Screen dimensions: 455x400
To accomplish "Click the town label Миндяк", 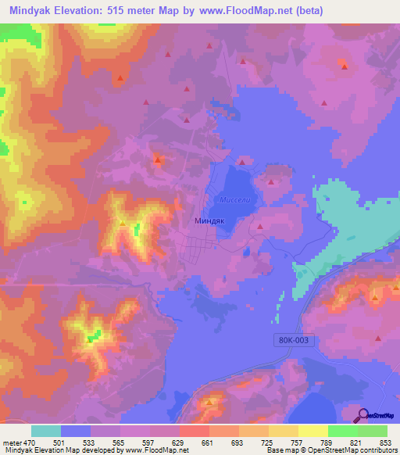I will [x=209, y=221].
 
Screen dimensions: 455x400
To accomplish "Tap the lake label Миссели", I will [x=234, y=199].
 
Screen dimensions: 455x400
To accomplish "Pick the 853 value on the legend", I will [x=386, y=442].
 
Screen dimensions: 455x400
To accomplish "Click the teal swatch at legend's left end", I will [x=46, y=431].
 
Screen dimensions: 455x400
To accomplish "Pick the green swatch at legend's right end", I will [x=373, y=431].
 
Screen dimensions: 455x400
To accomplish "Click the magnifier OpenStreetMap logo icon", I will [x=362, y=415].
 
